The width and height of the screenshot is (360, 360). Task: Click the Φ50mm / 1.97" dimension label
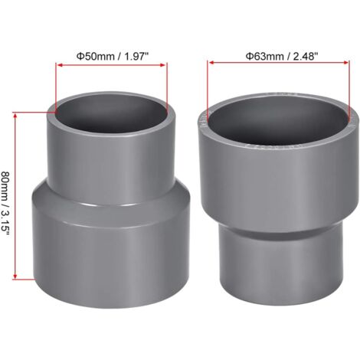tap(110, 55)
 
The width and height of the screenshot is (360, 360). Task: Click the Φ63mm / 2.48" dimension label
tap(281, 55)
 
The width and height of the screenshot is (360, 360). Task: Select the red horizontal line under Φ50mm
tap(110, 65)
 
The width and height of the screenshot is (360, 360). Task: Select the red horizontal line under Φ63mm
tap(281, 65)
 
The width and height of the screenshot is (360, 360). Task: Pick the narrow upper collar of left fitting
tap(111, 157)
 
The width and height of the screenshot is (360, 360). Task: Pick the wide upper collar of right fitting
tap(280, 176)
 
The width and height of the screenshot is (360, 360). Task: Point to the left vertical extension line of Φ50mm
tap(55, 88)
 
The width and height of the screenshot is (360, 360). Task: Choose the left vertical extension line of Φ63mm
tap(206, 92)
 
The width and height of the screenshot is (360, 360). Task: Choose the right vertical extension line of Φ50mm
tap(166, 88)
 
